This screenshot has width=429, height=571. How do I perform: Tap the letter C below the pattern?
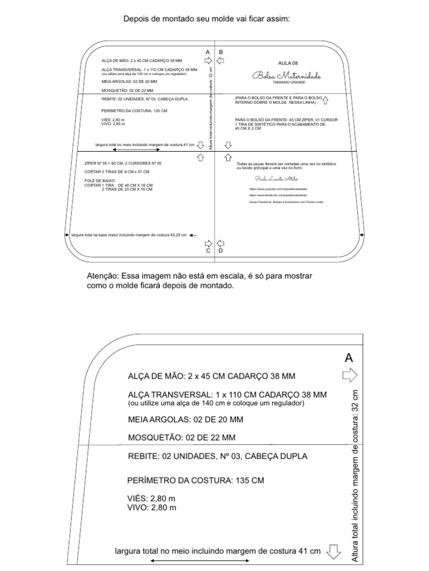[208, 251]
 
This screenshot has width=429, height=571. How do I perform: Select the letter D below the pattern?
[221, 251]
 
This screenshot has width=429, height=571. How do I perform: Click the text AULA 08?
[288, 64]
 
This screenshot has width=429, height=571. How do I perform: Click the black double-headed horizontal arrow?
[137, 149]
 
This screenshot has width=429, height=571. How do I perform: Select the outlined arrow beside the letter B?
[221, 60]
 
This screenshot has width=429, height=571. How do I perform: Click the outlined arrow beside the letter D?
[221, 243]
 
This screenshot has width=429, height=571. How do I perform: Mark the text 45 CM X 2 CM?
[248, 128]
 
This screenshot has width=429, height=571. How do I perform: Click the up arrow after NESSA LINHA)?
[326, 100]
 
